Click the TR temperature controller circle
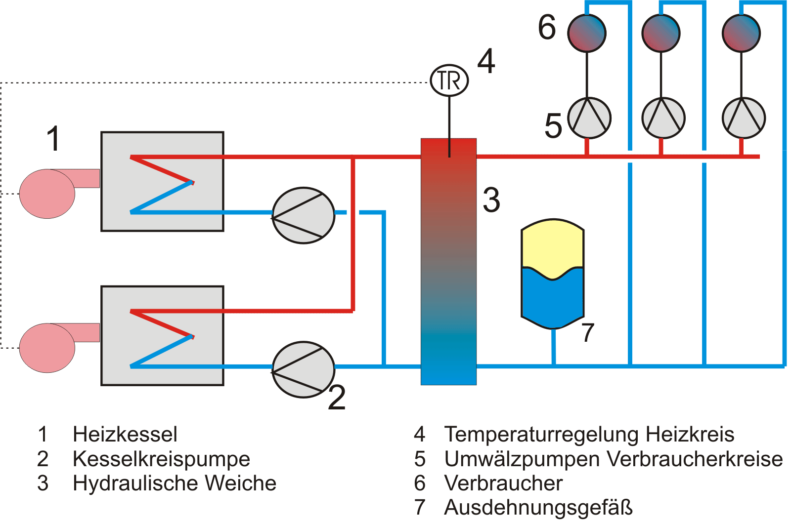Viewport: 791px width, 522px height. (x=449, y=80)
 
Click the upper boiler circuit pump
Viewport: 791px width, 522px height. (x=304, y=215)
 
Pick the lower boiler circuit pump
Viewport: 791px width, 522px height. (x=304, y=369)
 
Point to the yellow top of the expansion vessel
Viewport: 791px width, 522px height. (x=553, y=244)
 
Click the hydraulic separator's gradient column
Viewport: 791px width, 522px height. (x=448, y=262)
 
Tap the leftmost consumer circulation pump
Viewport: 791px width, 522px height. (x=589, y=118)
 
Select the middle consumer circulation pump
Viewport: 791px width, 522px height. (x=663, y=118)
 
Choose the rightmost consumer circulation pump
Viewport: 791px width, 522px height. (x=744, y=118)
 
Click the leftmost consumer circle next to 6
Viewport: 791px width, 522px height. (x=587, y=33)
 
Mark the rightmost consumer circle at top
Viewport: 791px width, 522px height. (x=741, y=33)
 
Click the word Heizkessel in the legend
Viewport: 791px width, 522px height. (x=125, y=434)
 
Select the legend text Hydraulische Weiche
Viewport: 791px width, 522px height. (x=174, y=483)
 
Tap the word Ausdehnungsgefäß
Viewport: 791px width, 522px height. (x=538, y=507)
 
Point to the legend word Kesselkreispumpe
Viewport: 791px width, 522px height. (x=161, y=459)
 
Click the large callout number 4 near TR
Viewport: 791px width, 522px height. (x=486, y=61)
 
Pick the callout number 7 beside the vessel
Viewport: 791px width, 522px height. (x=587, y=332)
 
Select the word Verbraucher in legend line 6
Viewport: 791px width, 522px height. (x=503, y=483)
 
